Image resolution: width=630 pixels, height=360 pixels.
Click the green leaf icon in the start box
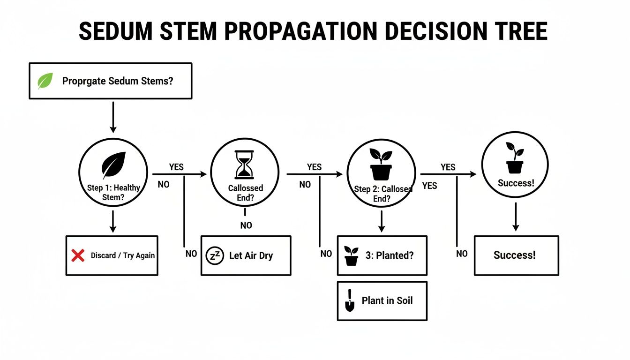tap(45, 81)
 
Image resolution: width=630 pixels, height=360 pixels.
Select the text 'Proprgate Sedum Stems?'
tap(118, 81)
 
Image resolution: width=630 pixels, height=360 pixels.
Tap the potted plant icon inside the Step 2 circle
tap(381, 165)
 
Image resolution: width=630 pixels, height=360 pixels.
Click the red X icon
tap(77, 255)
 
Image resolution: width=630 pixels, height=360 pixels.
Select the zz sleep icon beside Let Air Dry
tap(215, 256)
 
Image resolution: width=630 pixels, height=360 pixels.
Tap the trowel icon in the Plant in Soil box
tap(350, 300)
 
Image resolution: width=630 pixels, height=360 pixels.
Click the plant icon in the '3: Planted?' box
tap(351, 256)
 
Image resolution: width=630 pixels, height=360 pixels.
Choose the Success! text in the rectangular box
tap(514, 255)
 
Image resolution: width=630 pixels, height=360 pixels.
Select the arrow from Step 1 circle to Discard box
tap(112, 221)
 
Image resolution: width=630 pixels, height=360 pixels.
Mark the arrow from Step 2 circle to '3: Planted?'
tap(382, 221)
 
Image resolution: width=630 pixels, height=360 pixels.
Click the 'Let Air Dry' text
tap(251, 256)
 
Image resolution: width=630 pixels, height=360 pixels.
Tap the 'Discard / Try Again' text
tap(122, 256)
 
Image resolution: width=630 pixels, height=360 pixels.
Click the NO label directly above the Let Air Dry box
tap(246, 225)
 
